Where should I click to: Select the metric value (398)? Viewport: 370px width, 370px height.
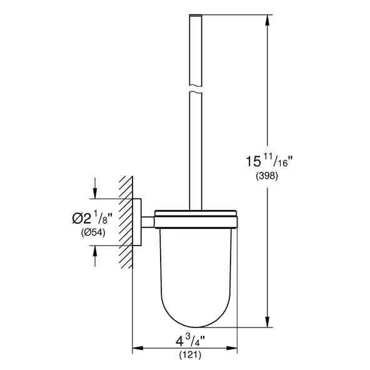267,177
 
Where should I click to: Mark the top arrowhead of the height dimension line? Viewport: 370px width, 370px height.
268,21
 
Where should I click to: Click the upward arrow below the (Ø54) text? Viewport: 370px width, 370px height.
94,251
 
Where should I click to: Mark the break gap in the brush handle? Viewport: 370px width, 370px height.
196,87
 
